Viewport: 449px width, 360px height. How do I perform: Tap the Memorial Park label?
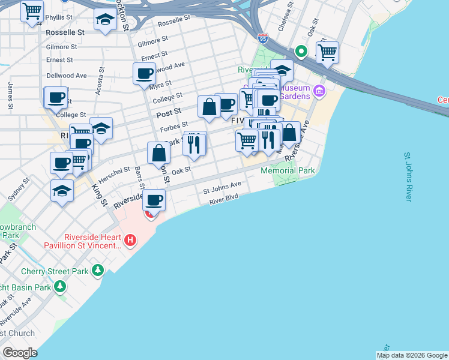[288, 171]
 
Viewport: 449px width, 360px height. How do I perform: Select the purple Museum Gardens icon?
[319, 92]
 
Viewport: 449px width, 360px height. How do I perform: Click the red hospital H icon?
[130, 241]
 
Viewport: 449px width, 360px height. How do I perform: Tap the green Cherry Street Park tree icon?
[98, 271]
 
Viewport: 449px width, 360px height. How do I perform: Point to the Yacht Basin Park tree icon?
[59, 287]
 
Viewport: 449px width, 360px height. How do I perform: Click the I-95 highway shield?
[263, 38]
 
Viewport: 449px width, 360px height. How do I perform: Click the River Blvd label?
[224, 200]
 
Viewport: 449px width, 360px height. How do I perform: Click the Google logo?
[20, 353]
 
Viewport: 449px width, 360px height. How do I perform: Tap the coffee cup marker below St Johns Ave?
[154, 200]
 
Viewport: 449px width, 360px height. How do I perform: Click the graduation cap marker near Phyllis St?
[106, 19]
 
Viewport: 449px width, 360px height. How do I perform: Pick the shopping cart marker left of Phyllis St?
[32, 10]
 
